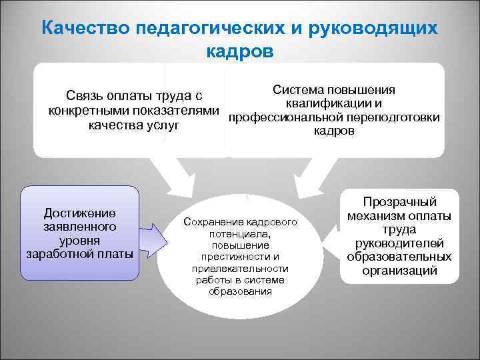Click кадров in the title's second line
click(x=240, y=51)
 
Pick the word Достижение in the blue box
click(x=79, y=213)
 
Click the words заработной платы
click(x=79, y=253)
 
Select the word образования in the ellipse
click(x=241, y=291)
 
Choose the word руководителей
click(x=399, y=243)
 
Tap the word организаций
click(x=399, y=271)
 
